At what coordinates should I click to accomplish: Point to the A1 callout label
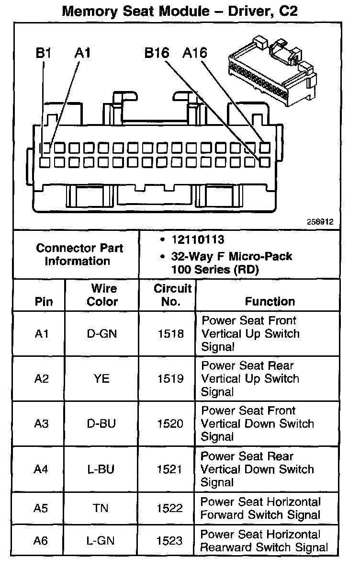(82, 53)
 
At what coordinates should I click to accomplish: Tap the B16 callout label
(157, 53)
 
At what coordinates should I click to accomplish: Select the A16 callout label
(195, 53)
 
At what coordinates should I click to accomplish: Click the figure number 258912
(321, 222)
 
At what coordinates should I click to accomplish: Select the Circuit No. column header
(172, 295)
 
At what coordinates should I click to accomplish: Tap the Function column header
(270, 302)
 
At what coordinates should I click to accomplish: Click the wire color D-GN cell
(102, 334)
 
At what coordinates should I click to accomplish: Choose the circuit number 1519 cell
(170, 379)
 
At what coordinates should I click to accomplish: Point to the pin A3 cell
(42, 424)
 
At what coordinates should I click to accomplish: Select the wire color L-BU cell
(101, 469)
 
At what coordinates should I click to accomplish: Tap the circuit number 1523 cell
(170, 541)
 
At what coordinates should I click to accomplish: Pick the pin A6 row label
(41, 541)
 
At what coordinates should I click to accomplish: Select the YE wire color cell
(101, 379)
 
